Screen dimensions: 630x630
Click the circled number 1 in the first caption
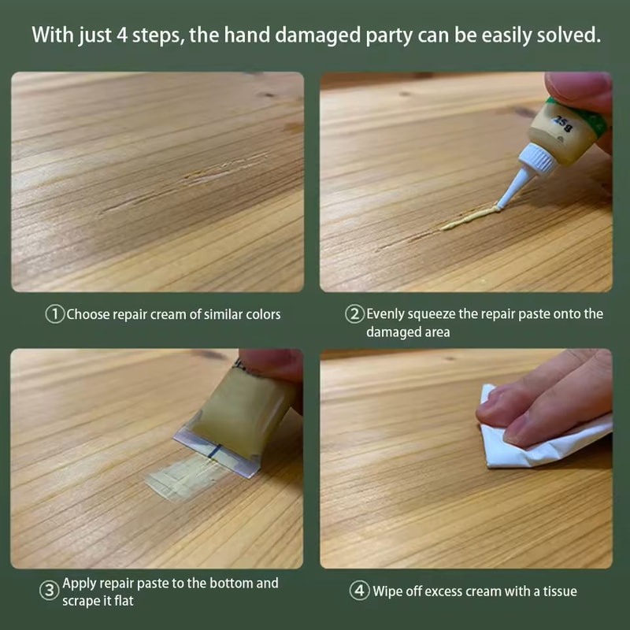pyautogui.click(x=54, y=314)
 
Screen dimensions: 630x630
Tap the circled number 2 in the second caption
pyautogui.click(x=354, y=314)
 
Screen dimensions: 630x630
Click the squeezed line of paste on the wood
pyautogui.click(x=469, y=218)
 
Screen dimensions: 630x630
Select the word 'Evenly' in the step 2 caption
pyautogui.click(x=384, y=314)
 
